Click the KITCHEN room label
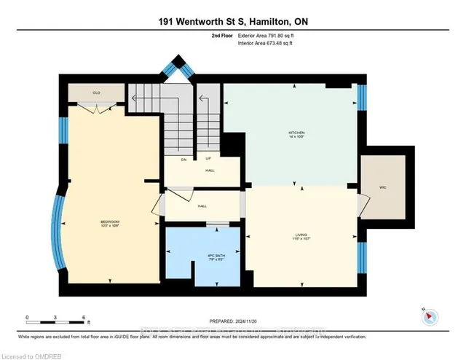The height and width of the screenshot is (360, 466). (295, 133)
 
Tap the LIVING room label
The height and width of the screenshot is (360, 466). (295, 235)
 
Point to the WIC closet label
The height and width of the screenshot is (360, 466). (382, 186)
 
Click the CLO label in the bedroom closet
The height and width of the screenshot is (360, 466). (95, 93)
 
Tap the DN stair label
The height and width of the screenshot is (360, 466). (184, 159)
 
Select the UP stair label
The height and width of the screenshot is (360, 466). (210, 159)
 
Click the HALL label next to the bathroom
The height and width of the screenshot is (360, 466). (202, 206)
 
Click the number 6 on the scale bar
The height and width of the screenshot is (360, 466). (84, 318)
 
